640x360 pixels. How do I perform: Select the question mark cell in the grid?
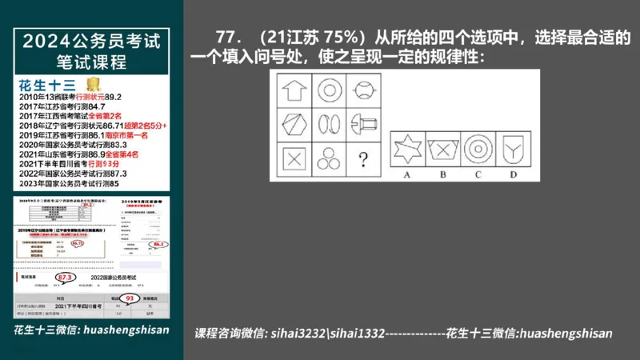362,158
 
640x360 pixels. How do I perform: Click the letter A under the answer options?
408,174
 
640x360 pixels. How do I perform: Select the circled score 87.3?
66,278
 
